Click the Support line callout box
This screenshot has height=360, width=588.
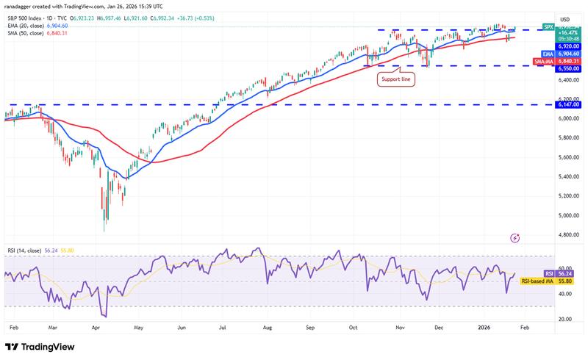[397, 79]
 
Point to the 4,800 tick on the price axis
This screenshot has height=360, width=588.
[565, 235]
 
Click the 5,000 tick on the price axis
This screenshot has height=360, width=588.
[565, 215]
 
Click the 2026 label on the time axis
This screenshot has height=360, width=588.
[481, 329]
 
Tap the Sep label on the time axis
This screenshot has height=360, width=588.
[310, 329]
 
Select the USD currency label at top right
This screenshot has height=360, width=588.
[565, 18]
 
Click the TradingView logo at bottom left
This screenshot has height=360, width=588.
[37, 347]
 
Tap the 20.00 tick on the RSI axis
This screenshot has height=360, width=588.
[565, 320]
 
